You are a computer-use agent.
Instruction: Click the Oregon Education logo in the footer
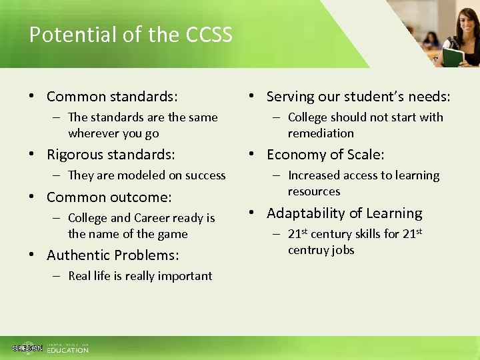[50, 348]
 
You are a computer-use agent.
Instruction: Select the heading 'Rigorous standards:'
[111, 155]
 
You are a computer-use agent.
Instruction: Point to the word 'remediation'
[321, 133]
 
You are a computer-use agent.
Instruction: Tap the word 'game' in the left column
[172, 234]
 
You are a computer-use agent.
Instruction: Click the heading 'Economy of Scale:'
[325, 155]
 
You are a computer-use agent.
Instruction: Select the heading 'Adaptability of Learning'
[344, 213]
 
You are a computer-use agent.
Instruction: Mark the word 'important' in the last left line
[186, 276]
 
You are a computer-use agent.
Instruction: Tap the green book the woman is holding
[453, 58]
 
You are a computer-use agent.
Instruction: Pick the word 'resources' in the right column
[314, 191]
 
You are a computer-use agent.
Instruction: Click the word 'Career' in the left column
[155, 218]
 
